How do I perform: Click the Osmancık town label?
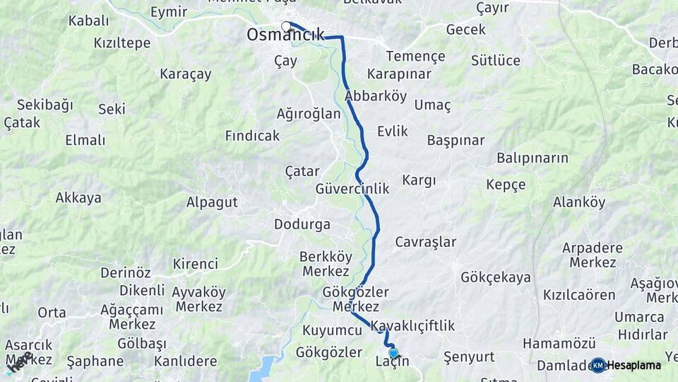coord(285,35)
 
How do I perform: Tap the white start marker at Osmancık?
coord(286,27)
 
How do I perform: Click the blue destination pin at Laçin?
coord(393,353)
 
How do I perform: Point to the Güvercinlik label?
coord(352,189)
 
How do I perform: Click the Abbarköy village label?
coord(376,96)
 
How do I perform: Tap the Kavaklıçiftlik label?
coord(413,325)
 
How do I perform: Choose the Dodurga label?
coord(302,225)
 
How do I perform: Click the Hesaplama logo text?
coord(634,365)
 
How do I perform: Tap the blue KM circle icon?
coord(598,365)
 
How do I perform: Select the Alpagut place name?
coord(212,202)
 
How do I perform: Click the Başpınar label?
coord(456,140)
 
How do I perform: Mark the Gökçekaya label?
coord(495,277)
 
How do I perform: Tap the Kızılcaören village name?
coord(579,294)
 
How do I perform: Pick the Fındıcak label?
coord(252,135)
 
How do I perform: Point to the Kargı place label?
coord(419,180)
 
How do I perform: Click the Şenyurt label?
coord(469,357)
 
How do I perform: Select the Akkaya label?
coord(78,198)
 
